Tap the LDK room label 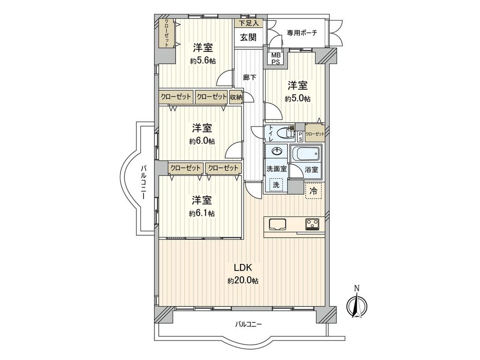coord(243,268)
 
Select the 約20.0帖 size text coord(243,281)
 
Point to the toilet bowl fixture coord(282,133)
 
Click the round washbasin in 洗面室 coord(277,152)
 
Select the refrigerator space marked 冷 coord(313,191)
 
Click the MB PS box coord(276,58)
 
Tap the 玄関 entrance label coord(248,38)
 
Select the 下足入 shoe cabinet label coord(248,23)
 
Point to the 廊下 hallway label coord(250,77)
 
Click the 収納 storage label coord(236,96)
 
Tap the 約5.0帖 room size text coord(298,98)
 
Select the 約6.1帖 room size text coord(202,213)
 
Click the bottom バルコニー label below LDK coord(248,324)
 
